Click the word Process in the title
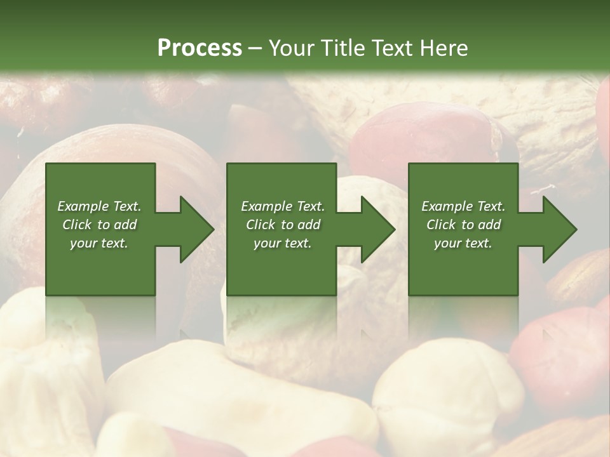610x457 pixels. click(x=200, y=48)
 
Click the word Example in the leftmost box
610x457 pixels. click(x=82, y=206)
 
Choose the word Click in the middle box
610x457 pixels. click(x=261, y=225)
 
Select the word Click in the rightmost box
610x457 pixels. click(x=442, y=225)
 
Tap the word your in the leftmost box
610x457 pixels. click(x=84, y=243)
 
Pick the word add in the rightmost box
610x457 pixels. click(x=489, y=225)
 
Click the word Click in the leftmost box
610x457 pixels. click(x=78, y=225)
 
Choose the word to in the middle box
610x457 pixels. click(x=287, y=225)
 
